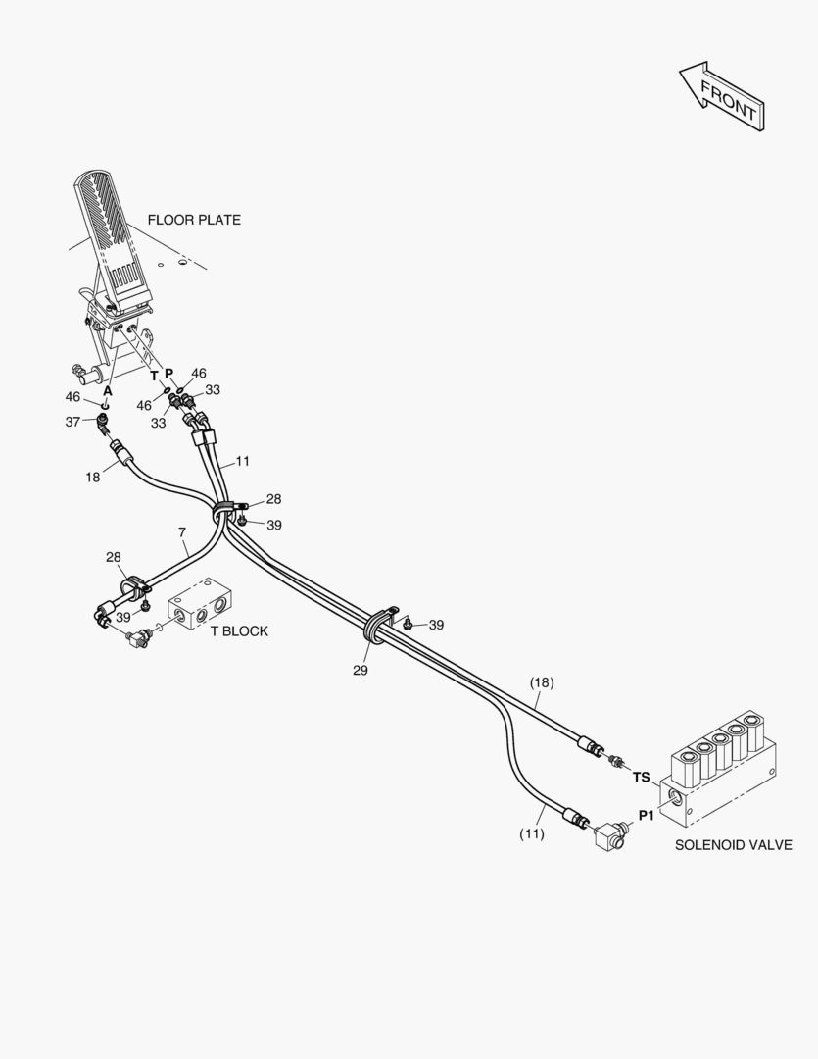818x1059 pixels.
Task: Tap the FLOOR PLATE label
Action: (x=194, y=220)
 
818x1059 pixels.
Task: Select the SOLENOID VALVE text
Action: (x=733, y=844)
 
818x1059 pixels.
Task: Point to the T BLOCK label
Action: (x=239, y=630)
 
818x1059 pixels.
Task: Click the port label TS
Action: (x=641, y=778)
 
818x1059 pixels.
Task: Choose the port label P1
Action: (x=647, y=815)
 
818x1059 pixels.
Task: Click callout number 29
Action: (x=361, y=671)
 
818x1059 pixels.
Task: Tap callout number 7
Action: (x=182, y=533)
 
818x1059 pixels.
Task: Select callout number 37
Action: (x=73, y=421)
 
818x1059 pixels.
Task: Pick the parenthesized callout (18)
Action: (x=542, y=681)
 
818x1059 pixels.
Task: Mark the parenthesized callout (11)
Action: (x=531, y=833)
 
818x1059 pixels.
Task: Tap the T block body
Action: (x=200, y=611)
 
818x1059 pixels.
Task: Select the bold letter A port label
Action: (x=108, y=389)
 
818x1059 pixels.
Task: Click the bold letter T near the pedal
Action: (x=154, y=376)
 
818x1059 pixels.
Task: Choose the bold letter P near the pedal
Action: (x=168, y=375)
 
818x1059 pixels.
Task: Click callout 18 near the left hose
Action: (x=92, y=477)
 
